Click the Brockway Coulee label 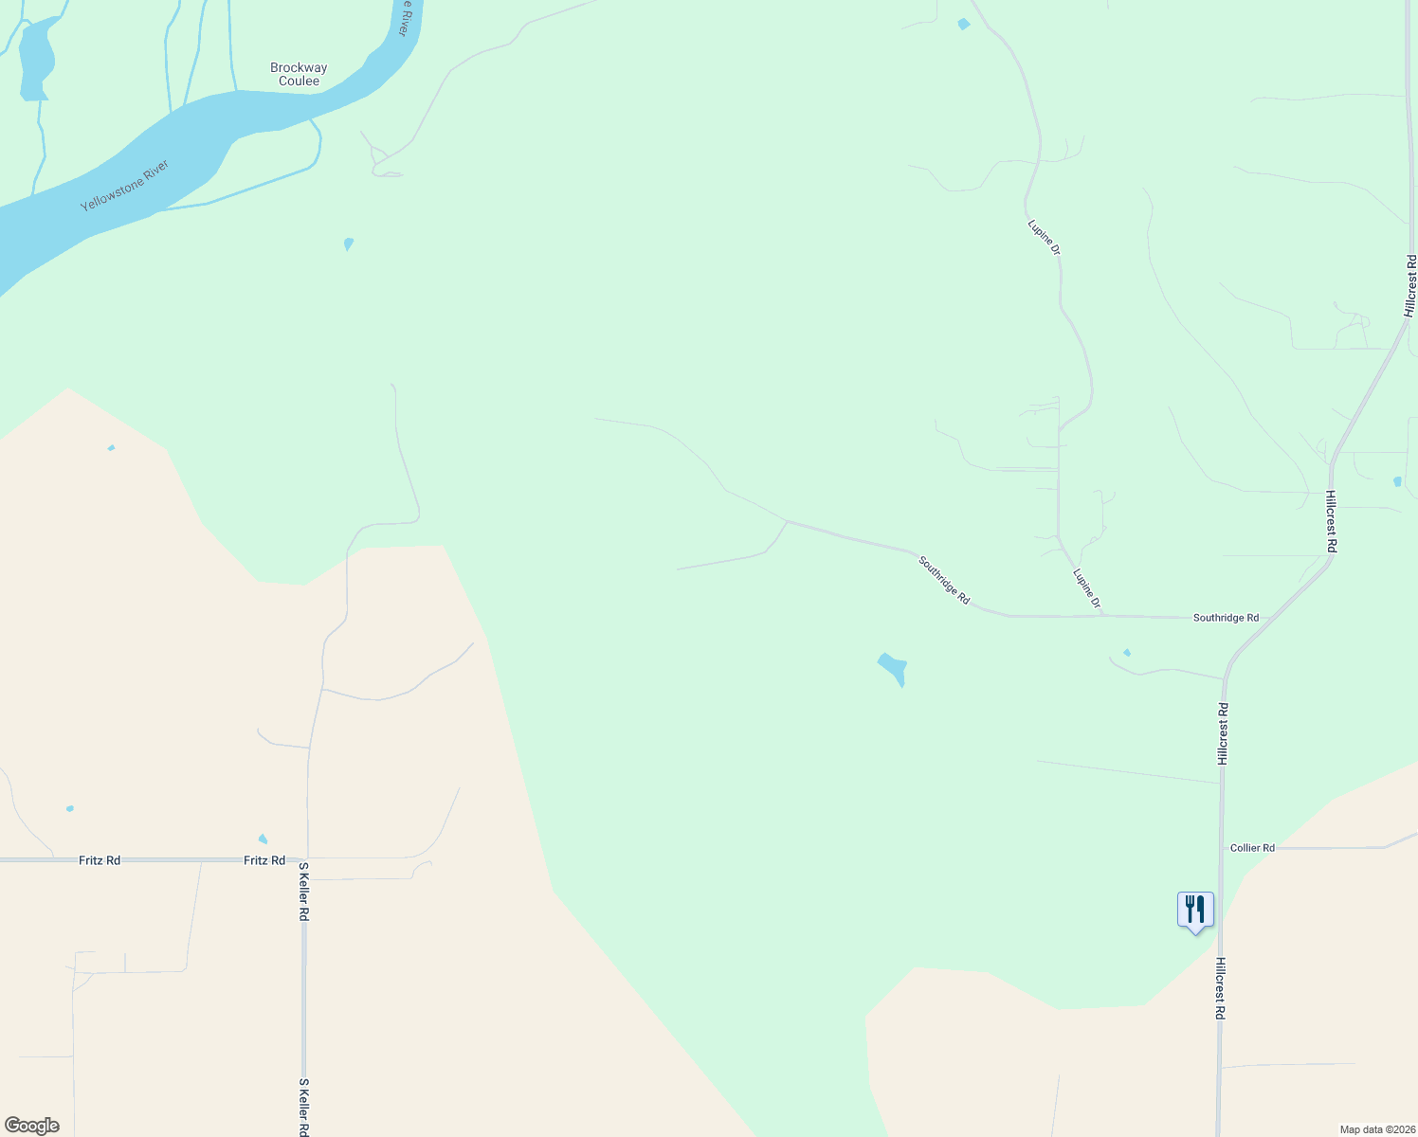click(299, 74)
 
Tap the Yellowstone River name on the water click(124, 186)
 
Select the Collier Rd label click(1252, 848)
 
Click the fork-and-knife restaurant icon click(1195, 910)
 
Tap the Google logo click(31, 1126)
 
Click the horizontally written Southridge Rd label click(1226, 618)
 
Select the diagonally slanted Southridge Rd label click(944, 581)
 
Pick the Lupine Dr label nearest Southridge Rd click(1087, 588)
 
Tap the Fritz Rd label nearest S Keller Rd click(264, 860)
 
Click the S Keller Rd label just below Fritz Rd click(304, 892)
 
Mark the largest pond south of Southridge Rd click(893, 667)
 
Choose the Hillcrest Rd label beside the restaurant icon click(1221, 987)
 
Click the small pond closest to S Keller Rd click(263, 839)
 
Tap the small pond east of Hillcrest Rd click(1397, 481)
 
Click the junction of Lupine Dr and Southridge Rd click(1102, 616)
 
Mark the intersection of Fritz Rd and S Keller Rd click(306, 859)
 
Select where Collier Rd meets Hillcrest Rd click(1222, 849)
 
